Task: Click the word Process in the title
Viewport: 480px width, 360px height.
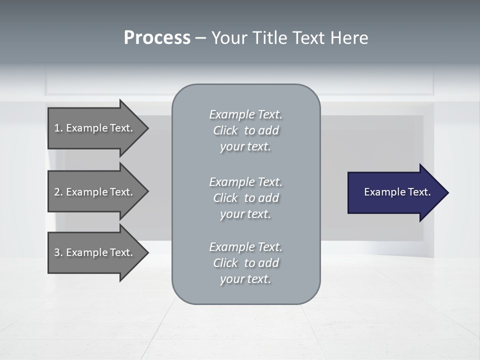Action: click(157, 38)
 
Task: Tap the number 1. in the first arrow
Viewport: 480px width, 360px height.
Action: click(58, 128)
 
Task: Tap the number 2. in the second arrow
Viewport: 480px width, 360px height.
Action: click(58, 192)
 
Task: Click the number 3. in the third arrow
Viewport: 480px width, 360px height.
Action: click(58, 252)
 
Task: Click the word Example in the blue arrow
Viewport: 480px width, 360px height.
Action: click(382, 192)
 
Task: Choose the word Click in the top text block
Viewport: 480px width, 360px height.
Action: click(225, 130)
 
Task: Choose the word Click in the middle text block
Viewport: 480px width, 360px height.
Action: click(225, 198)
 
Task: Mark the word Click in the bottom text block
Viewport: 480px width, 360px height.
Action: click(225, 263)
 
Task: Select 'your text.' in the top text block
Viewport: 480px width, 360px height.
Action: click(245, 147)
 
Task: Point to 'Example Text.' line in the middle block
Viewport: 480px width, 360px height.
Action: click(245, 182)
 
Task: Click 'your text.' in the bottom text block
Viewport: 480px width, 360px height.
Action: click(245, 279)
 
